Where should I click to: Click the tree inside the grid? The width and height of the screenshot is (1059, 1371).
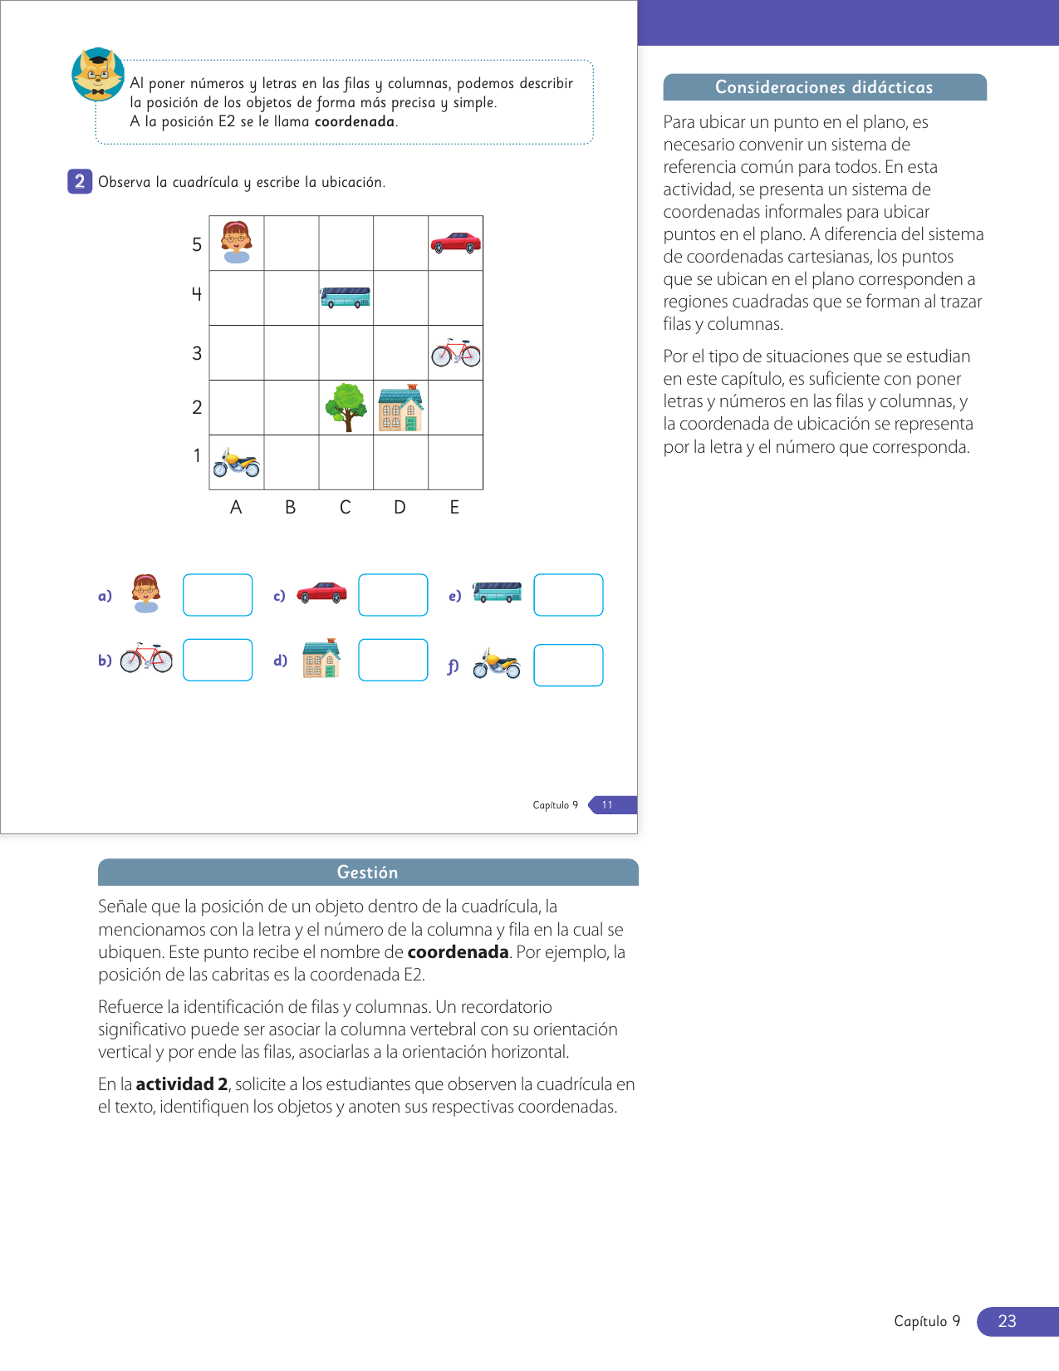pos(346,407)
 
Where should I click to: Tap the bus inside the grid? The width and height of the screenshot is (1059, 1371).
pos(346,297)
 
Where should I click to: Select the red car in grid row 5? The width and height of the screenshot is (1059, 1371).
pos(455,243)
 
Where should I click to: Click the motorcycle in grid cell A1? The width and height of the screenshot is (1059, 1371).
pos(237,463)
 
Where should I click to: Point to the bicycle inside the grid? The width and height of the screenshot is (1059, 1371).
pos(455,353)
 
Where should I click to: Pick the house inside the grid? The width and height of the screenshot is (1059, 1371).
pos(400,408)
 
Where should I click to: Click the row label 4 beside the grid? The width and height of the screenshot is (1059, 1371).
pos(197,293)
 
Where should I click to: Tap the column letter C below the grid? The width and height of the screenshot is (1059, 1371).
pos(346,507)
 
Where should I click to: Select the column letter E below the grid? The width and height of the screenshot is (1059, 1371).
pos(454,507)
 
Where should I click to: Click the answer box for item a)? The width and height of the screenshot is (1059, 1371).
pos(218,595)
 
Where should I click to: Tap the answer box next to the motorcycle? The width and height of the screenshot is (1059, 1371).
pos(568,666)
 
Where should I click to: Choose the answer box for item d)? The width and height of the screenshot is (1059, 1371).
pos(393,660)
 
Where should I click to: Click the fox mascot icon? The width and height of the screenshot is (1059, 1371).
pos(98,75)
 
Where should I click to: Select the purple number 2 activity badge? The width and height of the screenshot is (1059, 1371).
pos(80,181)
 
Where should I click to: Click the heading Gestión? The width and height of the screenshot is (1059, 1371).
pos(367,872)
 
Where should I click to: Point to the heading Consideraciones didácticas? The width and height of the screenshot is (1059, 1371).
pos(824,87)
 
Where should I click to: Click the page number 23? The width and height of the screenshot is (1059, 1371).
pos(1007,1321)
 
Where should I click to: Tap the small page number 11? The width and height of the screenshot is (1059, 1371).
pos(607,804)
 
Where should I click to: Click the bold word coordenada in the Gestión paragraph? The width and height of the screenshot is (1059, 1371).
pos(458,952)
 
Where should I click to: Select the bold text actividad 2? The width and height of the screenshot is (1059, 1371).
pos(182,1084)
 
